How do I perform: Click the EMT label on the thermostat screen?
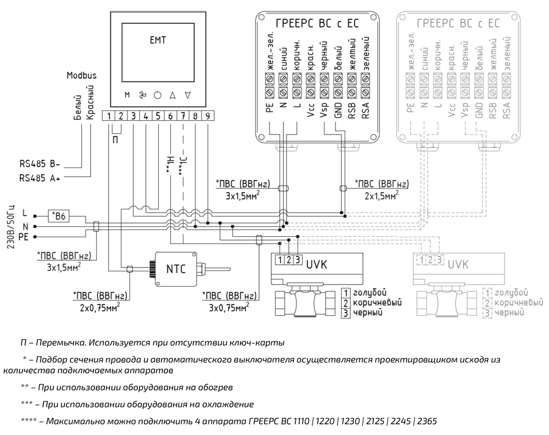[158, 40]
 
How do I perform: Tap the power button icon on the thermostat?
[158, 95]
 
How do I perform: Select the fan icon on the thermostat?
[142, 95]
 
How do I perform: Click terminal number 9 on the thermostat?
[208, 116]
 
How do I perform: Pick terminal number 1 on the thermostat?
[110, 116]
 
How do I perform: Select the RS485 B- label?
[40, 164]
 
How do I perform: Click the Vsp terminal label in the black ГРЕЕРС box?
[325, 104]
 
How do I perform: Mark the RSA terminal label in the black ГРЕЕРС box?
[366, 104]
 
